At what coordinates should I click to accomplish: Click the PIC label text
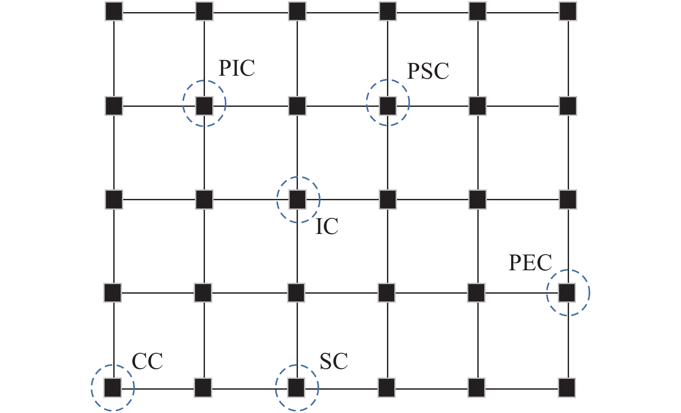pyautogui.click(x=237, y=68)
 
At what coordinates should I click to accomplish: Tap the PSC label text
pyautogui.click(x=428, y=71)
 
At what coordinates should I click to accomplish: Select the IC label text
pyautogui.click(x=327, y=227)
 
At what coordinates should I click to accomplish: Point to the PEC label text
pyautogui.click(x=530, y=263)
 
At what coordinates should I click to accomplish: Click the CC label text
pyautogui.click(x=147, y=362)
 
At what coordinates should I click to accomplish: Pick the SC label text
pyautogui.click(x=334, y=362)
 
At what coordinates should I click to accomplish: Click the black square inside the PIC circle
pyautogui.click(x=204, y=106)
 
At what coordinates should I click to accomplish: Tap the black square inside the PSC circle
pyautogui.click(x=388, y=106)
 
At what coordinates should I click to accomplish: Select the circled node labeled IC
pyautogui.click(x=297, y=199)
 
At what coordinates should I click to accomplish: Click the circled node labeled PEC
pyautogui.click(x=567, y=293)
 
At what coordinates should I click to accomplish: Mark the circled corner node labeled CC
pyautogui.click(x=113, y=387)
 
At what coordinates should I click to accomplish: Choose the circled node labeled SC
pyautogui.click(x=297, y=387)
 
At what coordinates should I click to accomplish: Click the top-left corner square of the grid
pyautogui.click(x=114, y=12)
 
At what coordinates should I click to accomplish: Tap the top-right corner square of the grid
pyautogui.click(x=568, y=12)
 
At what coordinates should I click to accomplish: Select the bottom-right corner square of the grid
pyautogui.click(x=567, y=387)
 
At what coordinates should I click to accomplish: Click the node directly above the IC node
pyautogui.click(x=297, y=106)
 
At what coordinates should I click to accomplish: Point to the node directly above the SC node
pyautogui.click(x=297, y=293)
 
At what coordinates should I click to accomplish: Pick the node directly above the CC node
pyautogui.click(x=113, y=293)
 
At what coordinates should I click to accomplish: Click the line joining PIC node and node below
pyautogui.click(x=204, y=152)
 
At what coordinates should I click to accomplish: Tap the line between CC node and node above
pyautogui.click(x=113, y=340)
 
